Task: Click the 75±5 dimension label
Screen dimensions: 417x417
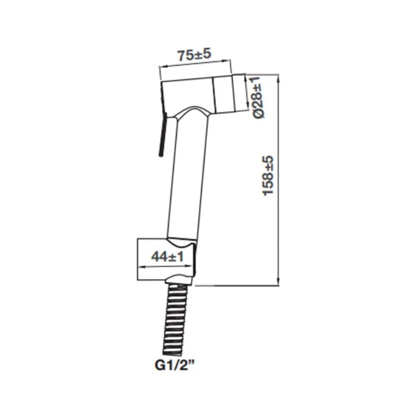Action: pyautogui.click(x=194, y=55)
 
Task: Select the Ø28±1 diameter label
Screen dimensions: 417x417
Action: pyautogui.click(x=259, y=98)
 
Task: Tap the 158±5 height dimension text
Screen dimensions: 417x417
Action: pyautogui.click(x=268, y=176)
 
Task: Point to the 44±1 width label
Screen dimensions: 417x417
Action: pyautogui.click(x=167, y=257)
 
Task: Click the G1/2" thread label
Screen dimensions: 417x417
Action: pyautogui.click(x=175, y=365)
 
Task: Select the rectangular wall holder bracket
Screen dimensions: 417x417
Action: pyautogui.click(x=167, y=259)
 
